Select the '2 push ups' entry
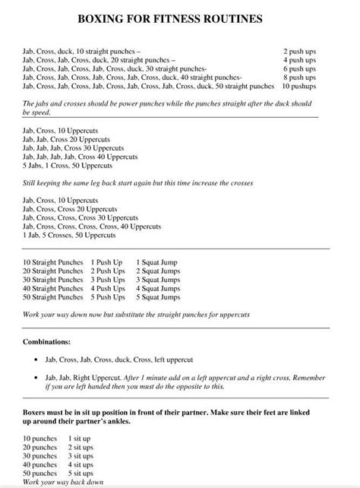tap(300, 49)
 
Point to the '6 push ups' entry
tap(300, 68)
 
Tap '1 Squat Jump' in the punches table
tap(156, 261)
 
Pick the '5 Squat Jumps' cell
tap(158, 298)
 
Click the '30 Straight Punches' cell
tap(53, 280)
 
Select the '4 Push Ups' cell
tap(108, 289)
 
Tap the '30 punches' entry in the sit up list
tap(39, 457)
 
